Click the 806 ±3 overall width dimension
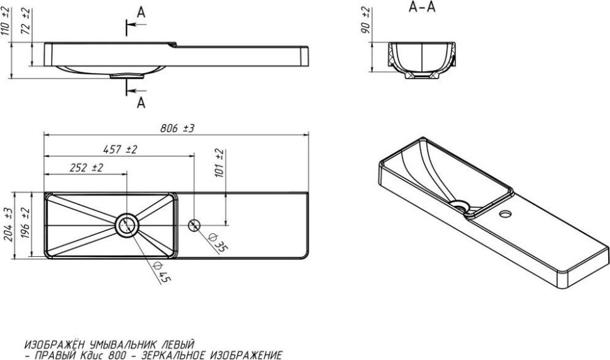pyautogui.click(x=177, y=128)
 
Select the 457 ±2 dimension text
pyautogui.click(x=120, y=149)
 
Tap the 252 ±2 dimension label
pyautogui.click(x=86, y=168)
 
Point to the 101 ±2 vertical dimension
pyautogui.click(x=219, y=162)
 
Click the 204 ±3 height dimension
pyautogui.click(x=8, y=225)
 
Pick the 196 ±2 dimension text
pyautogui.click(x=26, y=225)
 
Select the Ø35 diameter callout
pyautogui.click(x=218, y=243)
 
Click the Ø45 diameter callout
pyautogui.click(x=162, y=272)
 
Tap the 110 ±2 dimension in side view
pyautogui.click(x=6, y=21)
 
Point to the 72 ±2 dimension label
pyautogui.click(x=26, y=21)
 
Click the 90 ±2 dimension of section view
pyautogui.click(x=366, y=20)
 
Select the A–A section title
pyautogui.click(x=422, y=7)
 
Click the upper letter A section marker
pyautogui.click(x=141, y=13)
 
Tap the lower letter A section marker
pyautogui.click(x=141, y=103)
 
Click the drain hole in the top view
pyautogui.click(x=127, y=225)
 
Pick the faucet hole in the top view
pyautogui.click(x=194, y=225)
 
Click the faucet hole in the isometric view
pyautogui.click(x=506, y=213)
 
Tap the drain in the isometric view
pyautogui.click(x=460, y=205)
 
